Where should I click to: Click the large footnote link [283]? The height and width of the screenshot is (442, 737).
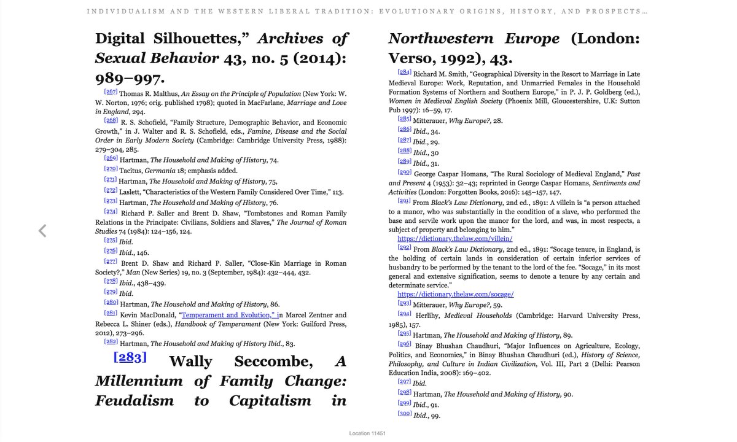(130, 358)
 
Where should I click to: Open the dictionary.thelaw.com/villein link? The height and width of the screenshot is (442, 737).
(455, 238)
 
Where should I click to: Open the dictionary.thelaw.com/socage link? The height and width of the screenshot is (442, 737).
(456, 294)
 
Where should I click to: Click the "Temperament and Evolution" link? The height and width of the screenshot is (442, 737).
(228, 315)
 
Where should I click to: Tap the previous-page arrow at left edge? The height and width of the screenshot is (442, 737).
(42, 231)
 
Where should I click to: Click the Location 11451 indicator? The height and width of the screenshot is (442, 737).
(367, 433)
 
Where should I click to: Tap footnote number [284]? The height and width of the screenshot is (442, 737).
(405, 72)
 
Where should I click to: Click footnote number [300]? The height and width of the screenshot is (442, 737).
(405, 414)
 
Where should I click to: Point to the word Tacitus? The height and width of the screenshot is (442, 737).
(131, 169)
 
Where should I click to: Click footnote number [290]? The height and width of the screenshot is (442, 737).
(405, 173)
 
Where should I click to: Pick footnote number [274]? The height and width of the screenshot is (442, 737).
(111, 212)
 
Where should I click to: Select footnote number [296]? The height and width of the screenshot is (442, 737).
(405, 344)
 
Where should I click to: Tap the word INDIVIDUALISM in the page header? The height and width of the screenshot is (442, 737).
(117, 11)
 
